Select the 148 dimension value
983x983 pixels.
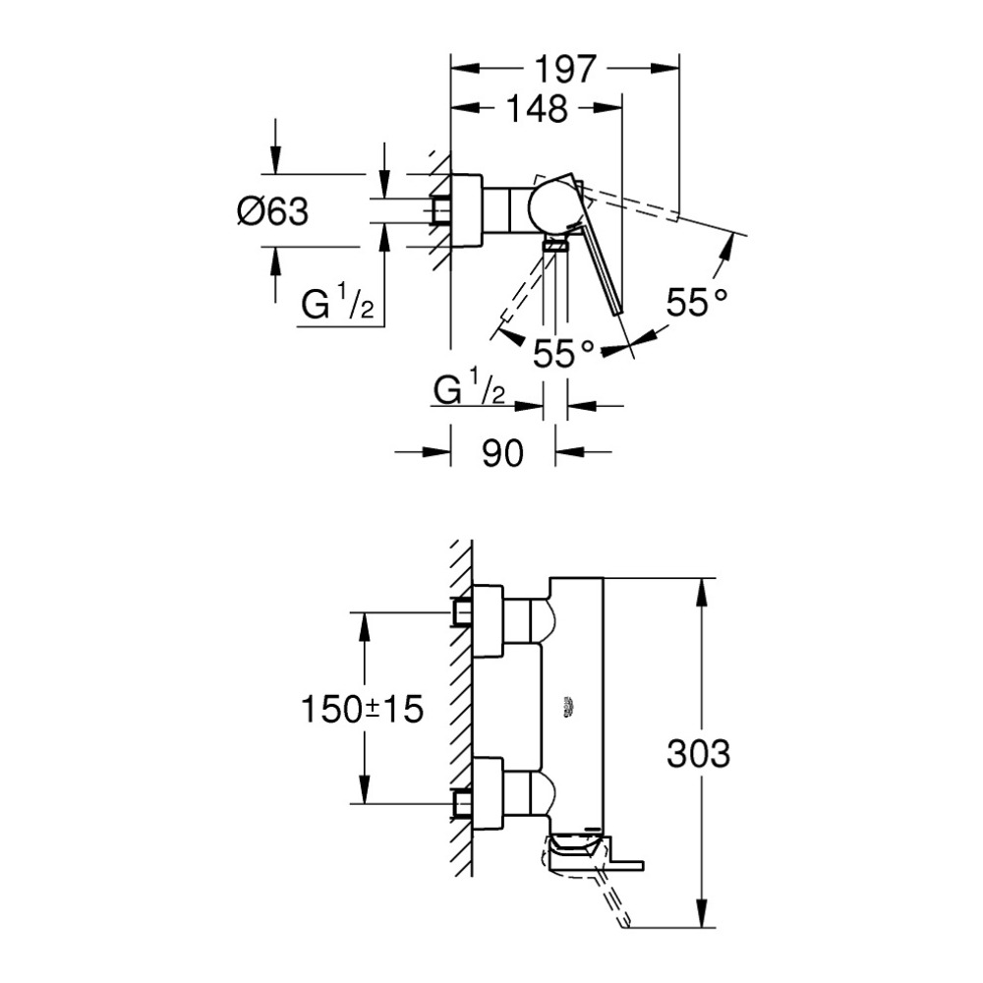point(539,108)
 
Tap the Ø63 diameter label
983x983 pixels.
point(272,210)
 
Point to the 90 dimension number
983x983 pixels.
point(502,453)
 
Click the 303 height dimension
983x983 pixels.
point(698,754)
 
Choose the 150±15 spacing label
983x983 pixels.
point(362,709)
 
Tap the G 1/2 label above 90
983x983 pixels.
point(469,390)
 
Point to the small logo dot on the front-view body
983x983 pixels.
point(569,704)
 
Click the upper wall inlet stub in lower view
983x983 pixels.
point(461,612)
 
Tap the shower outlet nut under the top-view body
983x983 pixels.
point(556,246)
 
